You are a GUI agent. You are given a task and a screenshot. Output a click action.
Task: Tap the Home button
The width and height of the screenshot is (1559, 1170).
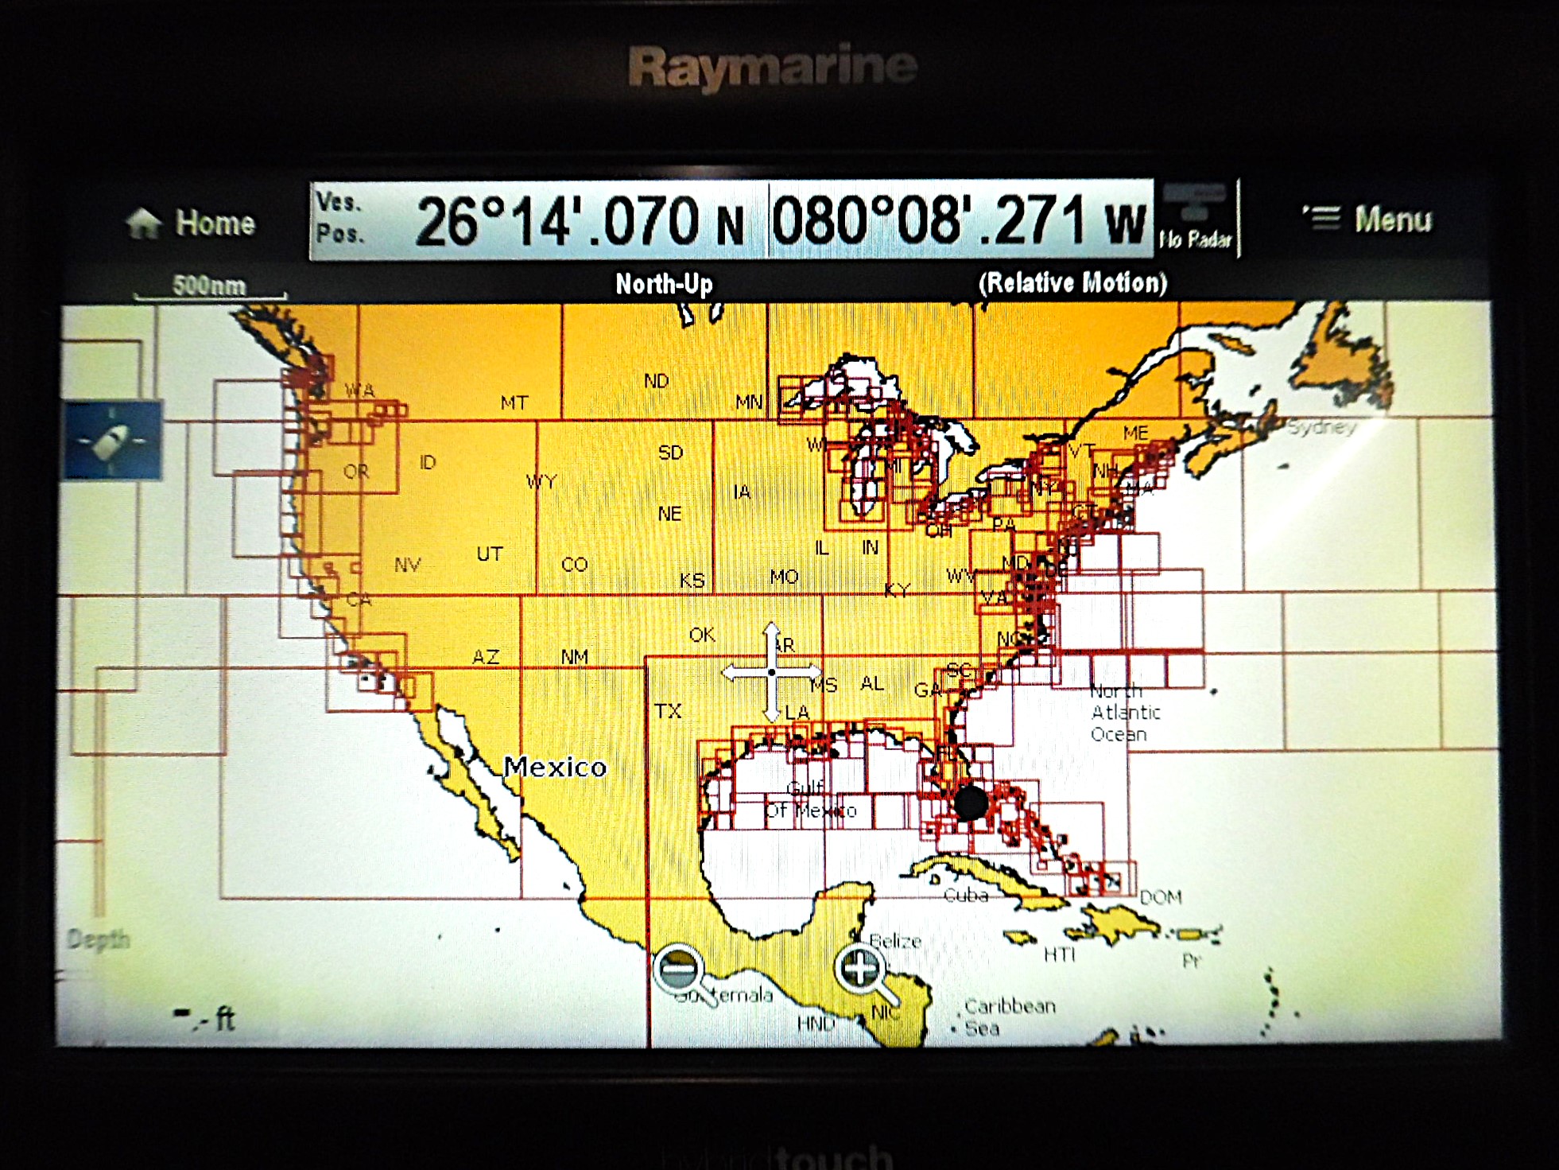tap(192, 223)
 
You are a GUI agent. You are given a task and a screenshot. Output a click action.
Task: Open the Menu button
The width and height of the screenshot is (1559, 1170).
tap(1367, 219)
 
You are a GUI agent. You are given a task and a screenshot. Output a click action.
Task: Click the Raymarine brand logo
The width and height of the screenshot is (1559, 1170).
tap(772, 67)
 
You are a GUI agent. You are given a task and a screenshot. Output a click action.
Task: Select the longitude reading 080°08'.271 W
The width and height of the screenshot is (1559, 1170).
tap(958, 220)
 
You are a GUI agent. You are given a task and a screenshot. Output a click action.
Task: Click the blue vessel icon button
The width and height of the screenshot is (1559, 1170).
tap(112, 440)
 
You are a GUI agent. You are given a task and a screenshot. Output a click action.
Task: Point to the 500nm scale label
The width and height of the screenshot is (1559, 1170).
tap(209, 286)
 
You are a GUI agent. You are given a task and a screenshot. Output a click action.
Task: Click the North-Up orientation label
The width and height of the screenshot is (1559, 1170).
tap(664, 284)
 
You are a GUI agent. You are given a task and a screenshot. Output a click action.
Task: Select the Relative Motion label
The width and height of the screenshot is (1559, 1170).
tap(1072, 283)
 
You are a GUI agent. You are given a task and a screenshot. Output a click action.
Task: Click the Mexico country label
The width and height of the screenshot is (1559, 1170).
tap(555, 767)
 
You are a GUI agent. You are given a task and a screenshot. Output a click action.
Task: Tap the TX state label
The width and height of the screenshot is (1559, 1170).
tap(668, 710)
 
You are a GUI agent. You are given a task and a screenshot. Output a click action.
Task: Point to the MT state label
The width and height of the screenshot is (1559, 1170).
tap(514, 402)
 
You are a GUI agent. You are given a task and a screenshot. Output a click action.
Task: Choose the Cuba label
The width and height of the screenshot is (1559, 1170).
tap(965, 896)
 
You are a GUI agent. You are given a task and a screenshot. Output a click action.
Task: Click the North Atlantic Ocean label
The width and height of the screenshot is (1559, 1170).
tap(1124, 713)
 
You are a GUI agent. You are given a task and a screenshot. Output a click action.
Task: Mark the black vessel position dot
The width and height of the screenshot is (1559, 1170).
tap(970, 803)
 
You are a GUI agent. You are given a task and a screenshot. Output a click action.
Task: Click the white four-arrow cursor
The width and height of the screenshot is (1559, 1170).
tap(771, 673)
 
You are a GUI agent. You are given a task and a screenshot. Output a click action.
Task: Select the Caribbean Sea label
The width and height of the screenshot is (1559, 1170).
tap(1008, 1016)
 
